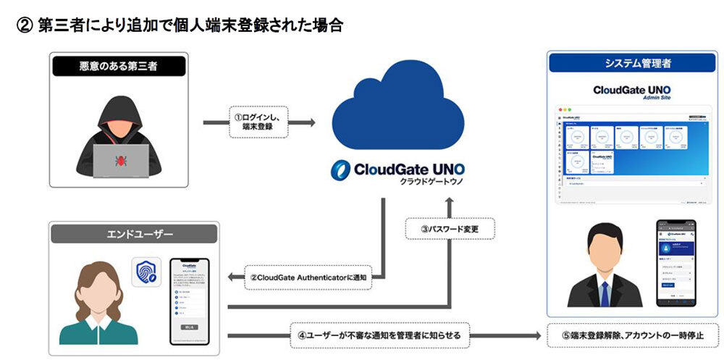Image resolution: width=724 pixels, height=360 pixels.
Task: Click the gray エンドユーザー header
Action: (x=133, y=234)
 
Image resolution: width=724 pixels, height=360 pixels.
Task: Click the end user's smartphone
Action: (x=190, y=301)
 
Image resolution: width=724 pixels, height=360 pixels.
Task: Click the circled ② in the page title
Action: (x=23, y=25)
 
